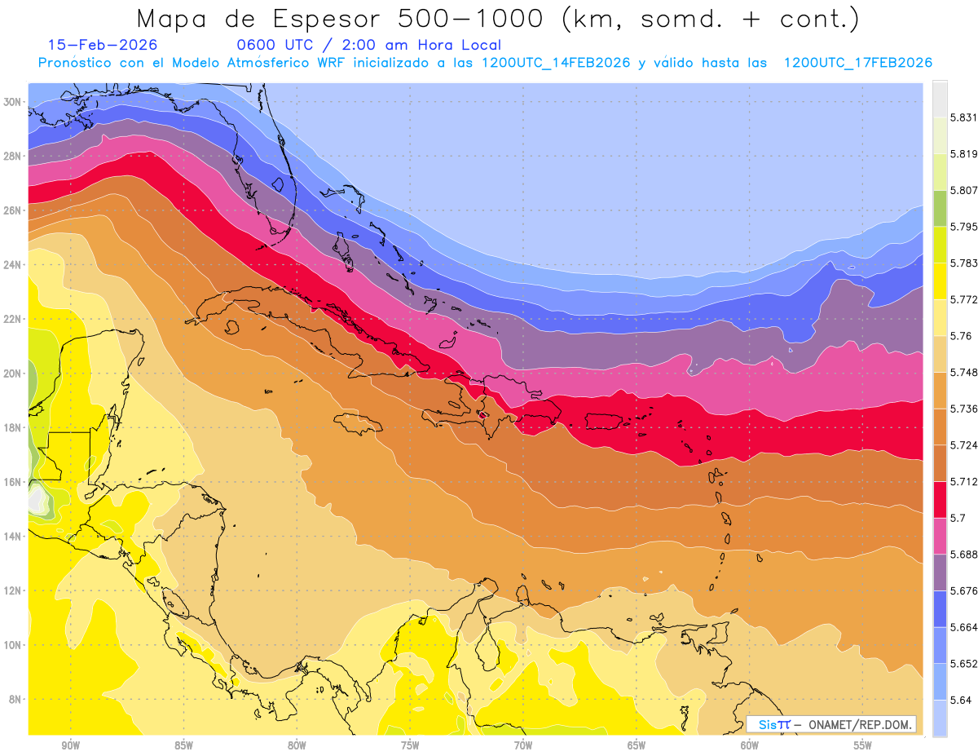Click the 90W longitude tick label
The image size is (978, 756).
click(70, 745)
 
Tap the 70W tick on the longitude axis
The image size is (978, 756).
click(523, 745)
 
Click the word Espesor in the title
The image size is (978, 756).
click(326, 19)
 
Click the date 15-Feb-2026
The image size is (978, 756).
click(103, 46)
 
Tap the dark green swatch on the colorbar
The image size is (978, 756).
click(941, 209)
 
